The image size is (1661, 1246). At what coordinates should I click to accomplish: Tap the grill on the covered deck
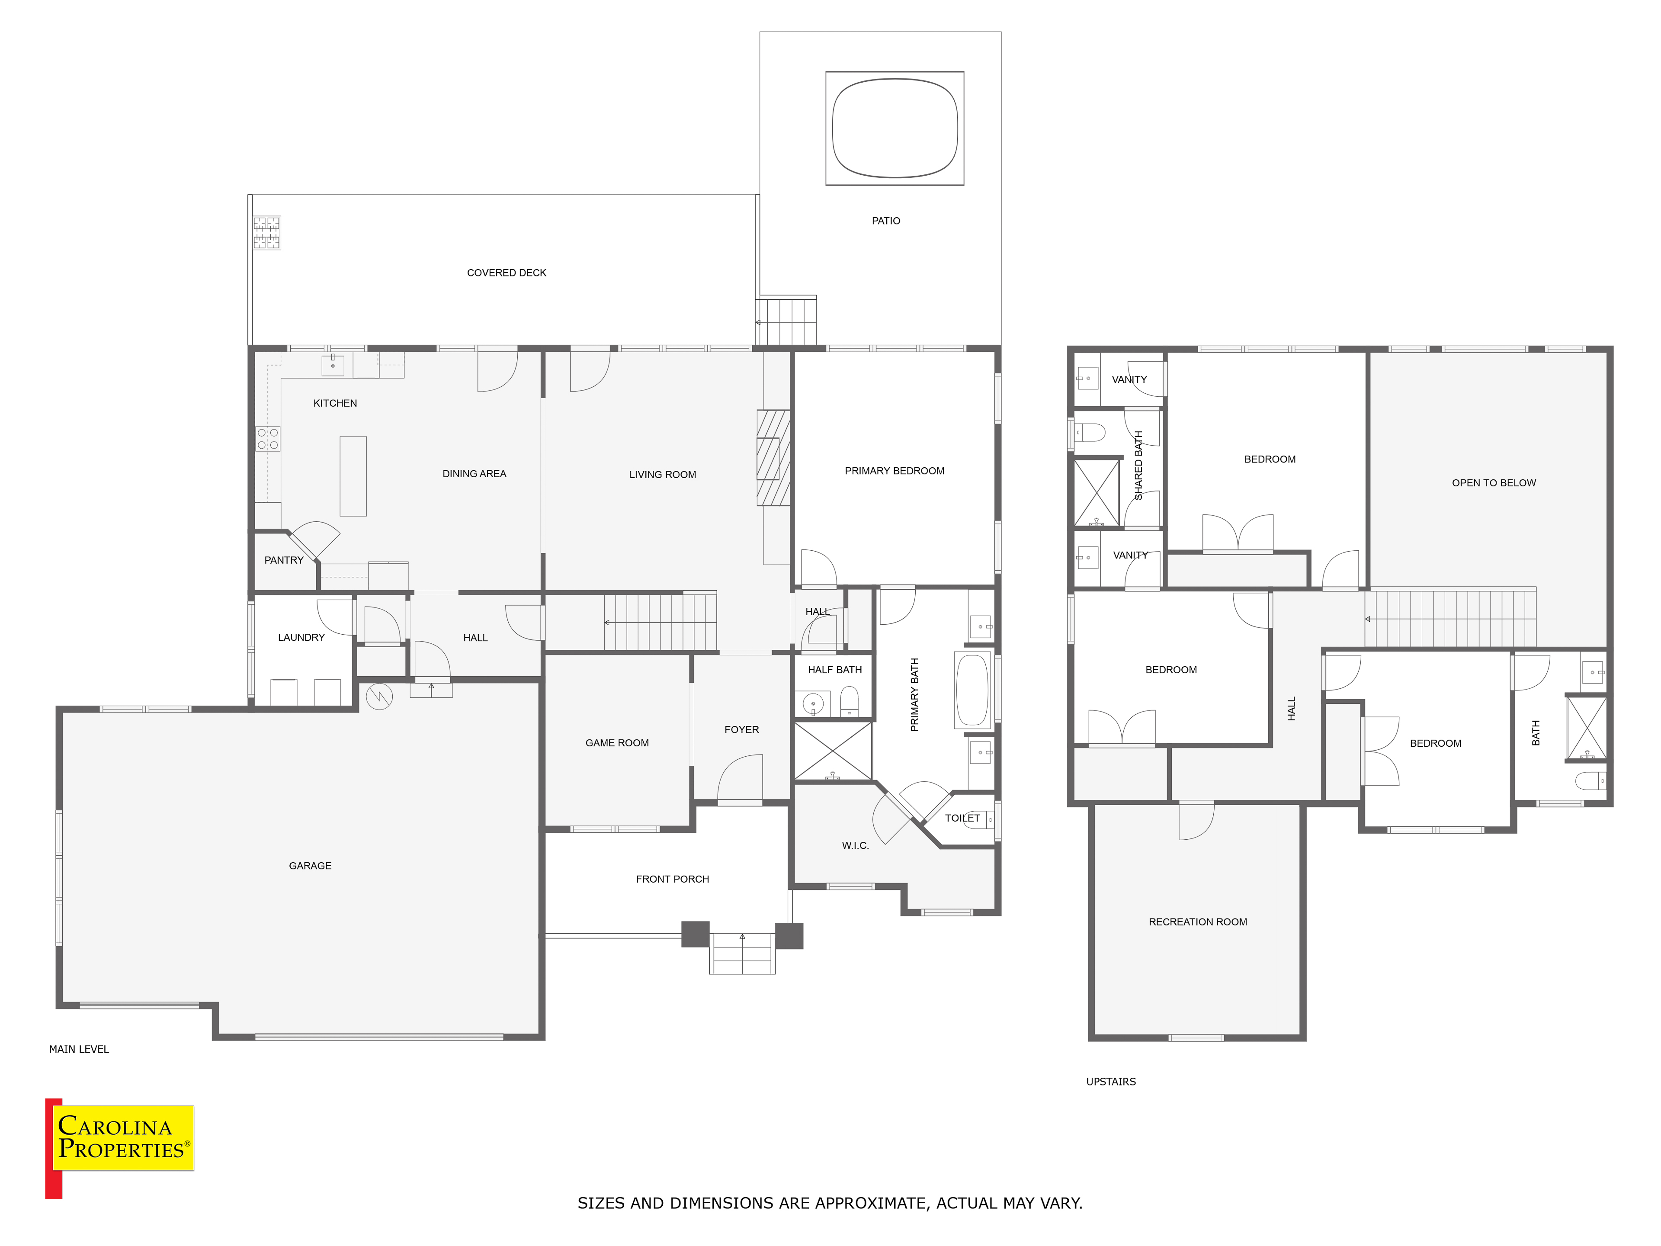tap(266, 233)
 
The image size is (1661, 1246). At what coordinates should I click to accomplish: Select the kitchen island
tap(353, 476)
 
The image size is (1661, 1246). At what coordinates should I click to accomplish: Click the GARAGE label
tap(310, 866)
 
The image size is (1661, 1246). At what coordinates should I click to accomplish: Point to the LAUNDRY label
tap(301, 638)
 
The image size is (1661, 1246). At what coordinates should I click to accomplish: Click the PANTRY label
tap(284, 560)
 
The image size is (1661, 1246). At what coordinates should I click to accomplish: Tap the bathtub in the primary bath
tap(972, 690)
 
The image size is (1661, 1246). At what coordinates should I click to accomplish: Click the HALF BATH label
tap(835, 670)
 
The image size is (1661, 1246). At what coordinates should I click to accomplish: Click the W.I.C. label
tap(855, 846)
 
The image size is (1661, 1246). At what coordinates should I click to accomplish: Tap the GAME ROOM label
tap(617, 743)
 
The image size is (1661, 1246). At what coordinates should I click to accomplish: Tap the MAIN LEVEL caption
tap(79, 1049)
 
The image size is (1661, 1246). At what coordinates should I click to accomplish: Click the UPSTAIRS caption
tap(1111, 1082)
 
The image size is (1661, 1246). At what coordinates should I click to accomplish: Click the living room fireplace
tap(773, 457)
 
